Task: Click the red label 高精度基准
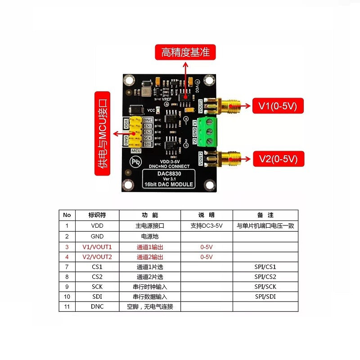click(x=185, y=52)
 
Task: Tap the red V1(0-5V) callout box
click(x=278, y=107)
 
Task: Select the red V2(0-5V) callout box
click(x=278, y=158)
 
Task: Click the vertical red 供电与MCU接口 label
click(x=103, y=133)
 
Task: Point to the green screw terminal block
click(x=208, y=130)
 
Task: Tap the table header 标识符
click(x=97, y=215)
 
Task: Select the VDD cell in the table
click(x=97, y=226)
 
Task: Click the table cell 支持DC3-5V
click(x=206, y=226)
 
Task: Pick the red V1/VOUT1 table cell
click(x=97, y=247)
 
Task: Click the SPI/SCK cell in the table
click(x=265, y=287)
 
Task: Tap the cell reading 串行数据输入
click(x=150, y=297)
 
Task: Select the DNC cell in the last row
click(x=97, y=307)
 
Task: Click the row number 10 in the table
click(x=67, y=297)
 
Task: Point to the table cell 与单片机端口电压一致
click(x=265, y=226)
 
